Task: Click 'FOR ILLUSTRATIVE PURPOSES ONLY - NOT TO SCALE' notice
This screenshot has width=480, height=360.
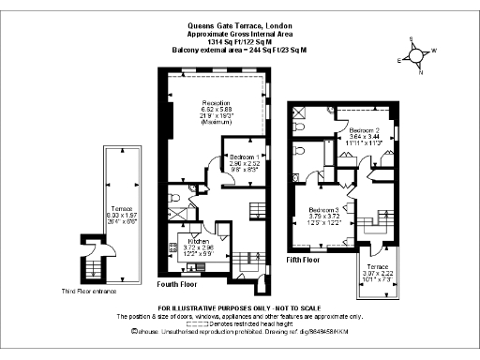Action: click(240, 308)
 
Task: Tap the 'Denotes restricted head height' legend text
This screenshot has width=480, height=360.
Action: click(253, 323)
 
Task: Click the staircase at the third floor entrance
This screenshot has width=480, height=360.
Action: click(94, 271)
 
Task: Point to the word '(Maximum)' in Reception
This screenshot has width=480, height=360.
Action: click(216, 121)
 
